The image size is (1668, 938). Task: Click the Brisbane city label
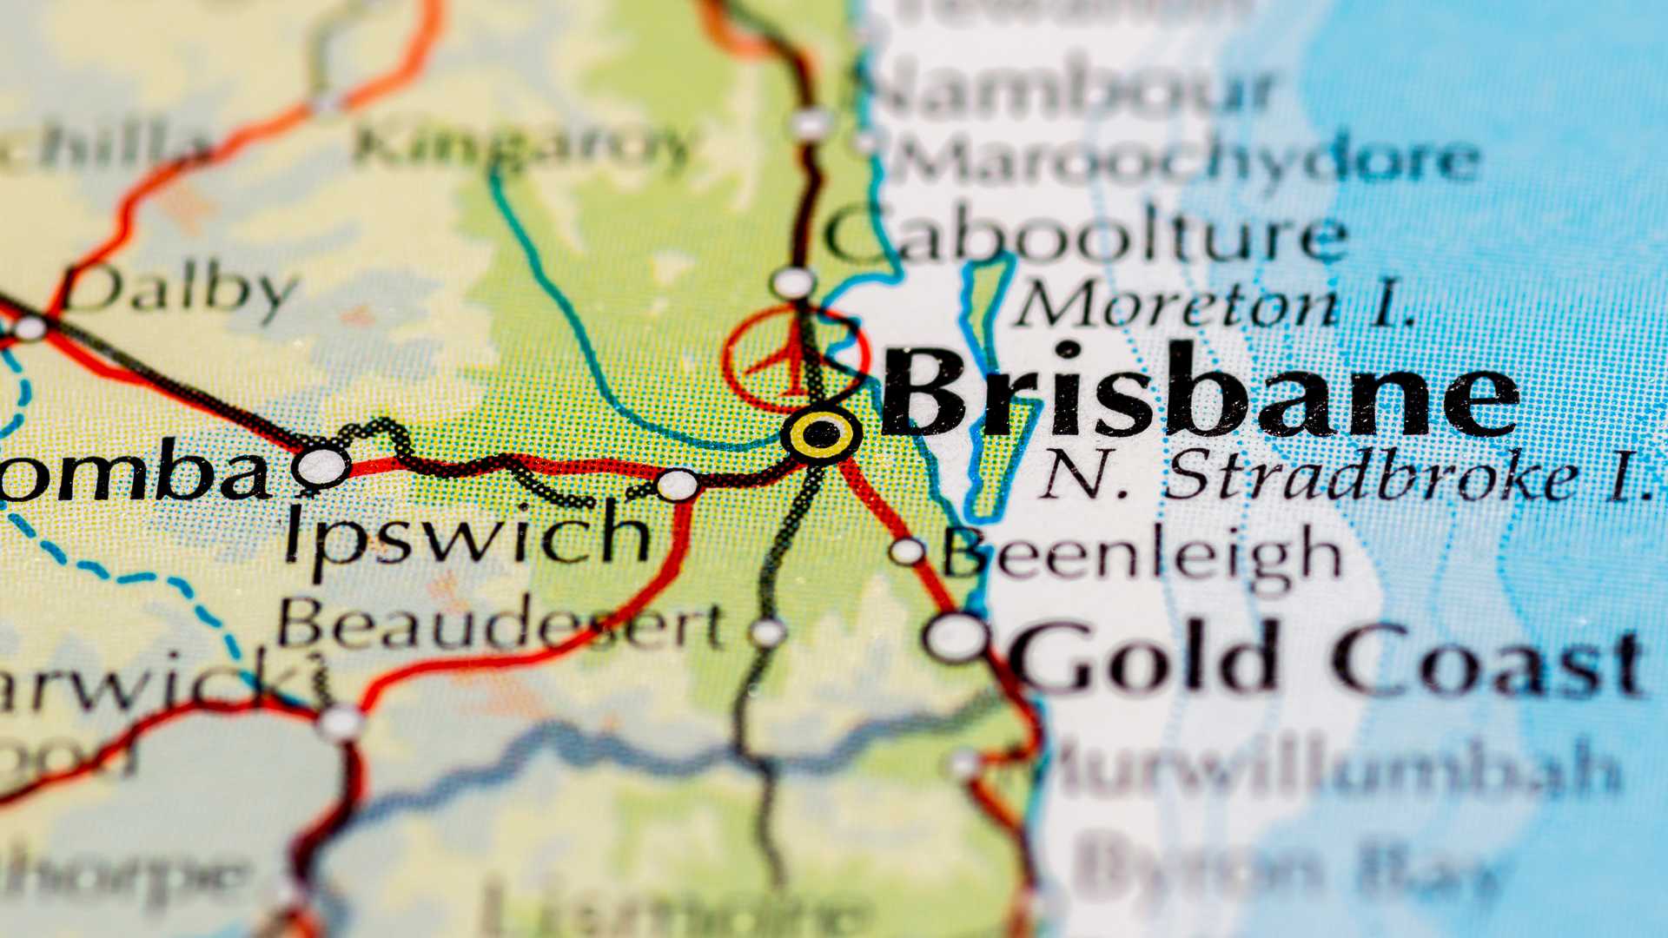(x=1199, y=393)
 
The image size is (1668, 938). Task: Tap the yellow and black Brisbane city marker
(x=820, y=433)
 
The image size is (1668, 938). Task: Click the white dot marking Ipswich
(x=677, y=485)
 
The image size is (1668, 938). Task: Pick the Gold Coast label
(x=1325, y=657)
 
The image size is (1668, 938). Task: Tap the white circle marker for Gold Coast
(x=956, y=637)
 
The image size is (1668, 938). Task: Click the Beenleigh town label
(x=1143, y=556)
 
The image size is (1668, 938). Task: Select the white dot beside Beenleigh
(x=907, y=551)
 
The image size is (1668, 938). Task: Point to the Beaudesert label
(x=501, y=625)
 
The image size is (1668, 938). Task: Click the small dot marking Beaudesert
(x=767, y=632)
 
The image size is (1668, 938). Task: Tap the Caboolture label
(x=1086, y=236)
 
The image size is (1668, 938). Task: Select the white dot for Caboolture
(x=793, y=283)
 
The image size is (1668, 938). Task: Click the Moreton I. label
(x=1216, y=306)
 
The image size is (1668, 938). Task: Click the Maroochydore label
(x=1186, y=159)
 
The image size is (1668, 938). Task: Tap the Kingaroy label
(x=521, y=146)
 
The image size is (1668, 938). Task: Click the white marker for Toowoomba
(x=321, y=466)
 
